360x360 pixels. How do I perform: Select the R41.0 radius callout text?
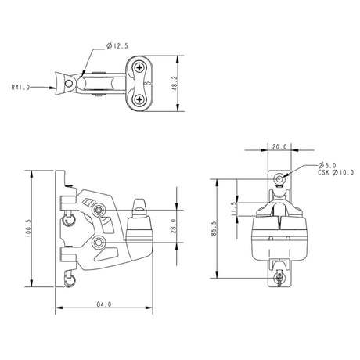21,88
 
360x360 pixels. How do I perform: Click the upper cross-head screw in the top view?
140,69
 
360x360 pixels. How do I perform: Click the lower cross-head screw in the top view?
140,99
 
